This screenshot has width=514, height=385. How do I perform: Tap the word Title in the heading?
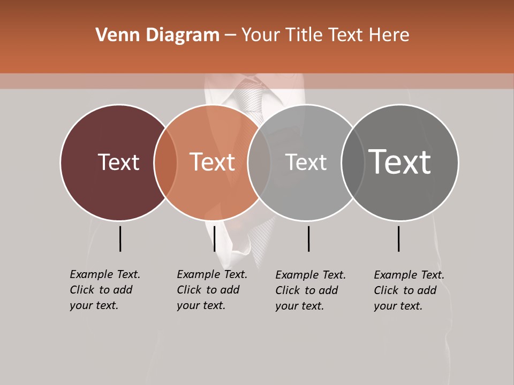[x=305, y=35]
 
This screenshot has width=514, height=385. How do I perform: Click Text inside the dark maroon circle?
[x=118, y=162]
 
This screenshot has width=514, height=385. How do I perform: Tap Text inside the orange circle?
[x=212, y=162]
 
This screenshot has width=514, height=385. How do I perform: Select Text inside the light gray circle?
[x=306, y=162]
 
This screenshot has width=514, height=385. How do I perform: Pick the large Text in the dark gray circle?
[x=399, y=162]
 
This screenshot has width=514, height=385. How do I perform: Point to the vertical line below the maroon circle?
[x=120, y=238]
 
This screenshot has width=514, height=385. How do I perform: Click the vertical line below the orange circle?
[x=214, y=238]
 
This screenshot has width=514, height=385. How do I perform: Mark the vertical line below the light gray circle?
[x=308, y=238]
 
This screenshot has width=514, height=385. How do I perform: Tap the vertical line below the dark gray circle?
[x=398, y=238]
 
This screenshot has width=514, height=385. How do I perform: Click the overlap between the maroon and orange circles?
[x=165, y=162]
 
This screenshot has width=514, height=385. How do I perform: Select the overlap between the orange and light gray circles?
[x=259, y=162]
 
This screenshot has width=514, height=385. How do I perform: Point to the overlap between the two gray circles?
[x=353, y=162]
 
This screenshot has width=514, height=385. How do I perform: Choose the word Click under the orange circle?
[x=189, y=290]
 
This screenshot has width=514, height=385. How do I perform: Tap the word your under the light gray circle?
[x=287, y=306]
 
